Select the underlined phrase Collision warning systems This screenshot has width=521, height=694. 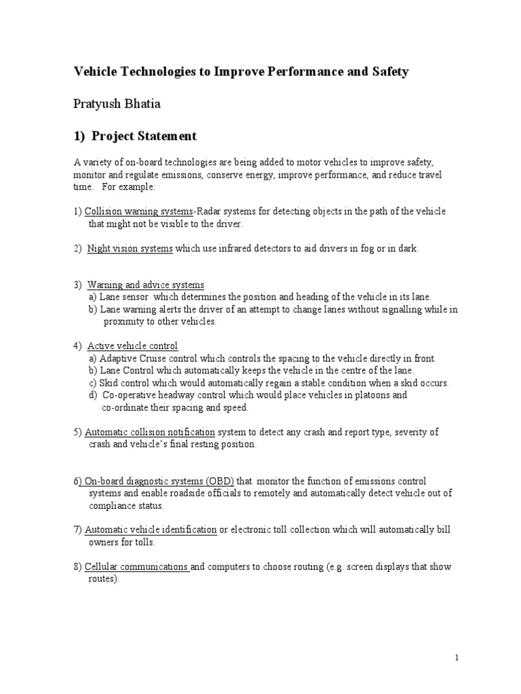coord(139,212)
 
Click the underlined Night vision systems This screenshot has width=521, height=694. coord(130,249)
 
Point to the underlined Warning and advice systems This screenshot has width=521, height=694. coord(145,285)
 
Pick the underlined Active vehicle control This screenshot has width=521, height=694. coord(132,346)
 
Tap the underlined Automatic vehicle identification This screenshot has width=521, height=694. coord(151,529)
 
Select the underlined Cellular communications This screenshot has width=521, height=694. coord(136,567)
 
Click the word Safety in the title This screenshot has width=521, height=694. coord(389,71)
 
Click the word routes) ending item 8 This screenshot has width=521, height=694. coord(104,579)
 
